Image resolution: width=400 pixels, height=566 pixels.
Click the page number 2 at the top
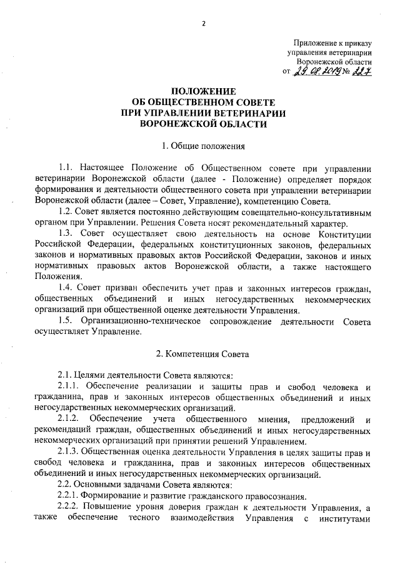pos(204,24)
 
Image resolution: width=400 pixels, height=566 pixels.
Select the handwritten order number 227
pos(361,73)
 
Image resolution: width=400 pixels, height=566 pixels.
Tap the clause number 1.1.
pos(67,168)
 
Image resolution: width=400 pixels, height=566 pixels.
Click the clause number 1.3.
pos(67,233)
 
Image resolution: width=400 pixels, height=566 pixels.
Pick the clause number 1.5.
pos(67,321)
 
